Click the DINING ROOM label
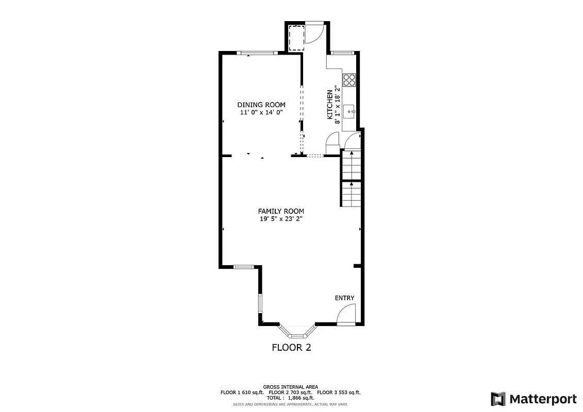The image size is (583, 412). point(261,105)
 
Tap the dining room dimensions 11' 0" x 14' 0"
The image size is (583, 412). point(261,112)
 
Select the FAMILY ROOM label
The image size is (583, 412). point(281,211)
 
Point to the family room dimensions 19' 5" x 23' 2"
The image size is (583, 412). point(281,219)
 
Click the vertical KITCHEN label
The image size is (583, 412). point(330,105)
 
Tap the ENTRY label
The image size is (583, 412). point(344,298)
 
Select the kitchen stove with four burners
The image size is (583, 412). point(349,80)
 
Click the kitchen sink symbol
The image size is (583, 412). point(349,111)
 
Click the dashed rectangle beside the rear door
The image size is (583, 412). point(296,38)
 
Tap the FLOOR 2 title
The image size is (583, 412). point(291,348)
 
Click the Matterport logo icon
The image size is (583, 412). point(497,399)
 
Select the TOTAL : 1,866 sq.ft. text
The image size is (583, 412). point(290,398)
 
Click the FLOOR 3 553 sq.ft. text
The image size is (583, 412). point(339,392)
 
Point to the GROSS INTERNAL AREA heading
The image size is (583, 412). point(290,387)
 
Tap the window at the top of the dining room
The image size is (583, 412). point(258,53)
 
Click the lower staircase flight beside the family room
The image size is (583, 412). point(351,194)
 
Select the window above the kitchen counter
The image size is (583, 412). point(342,53)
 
